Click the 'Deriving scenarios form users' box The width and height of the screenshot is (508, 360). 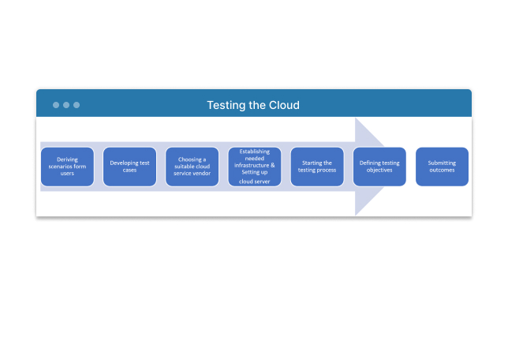point(67,167)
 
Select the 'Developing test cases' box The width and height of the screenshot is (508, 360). point(129,167)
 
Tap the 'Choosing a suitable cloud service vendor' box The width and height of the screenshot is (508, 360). point(192,167)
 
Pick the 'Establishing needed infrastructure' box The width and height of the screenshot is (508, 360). point(255,167)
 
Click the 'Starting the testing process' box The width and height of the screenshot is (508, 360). point(317,167)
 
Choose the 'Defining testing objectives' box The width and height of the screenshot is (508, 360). point(379,167)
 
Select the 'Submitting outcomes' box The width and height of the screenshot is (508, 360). point(442,167)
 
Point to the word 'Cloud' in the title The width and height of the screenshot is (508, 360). point(284,105)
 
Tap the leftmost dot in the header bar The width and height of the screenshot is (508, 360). point(56,105)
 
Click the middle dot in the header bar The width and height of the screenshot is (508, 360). point(66,105)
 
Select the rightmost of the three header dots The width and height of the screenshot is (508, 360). point(77,105)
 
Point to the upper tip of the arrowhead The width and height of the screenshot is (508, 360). point(356,118)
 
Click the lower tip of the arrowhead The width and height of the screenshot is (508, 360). point(356,216)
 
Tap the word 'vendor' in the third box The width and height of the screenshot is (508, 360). point(202,174)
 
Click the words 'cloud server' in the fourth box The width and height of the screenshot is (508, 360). point(254,182)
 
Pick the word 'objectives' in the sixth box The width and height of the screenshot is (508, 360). point(379,171)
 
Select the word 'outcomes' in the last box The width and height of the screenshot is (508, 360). point(442,170)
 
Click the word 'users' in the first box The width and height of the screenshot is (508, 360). point(67,174)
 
